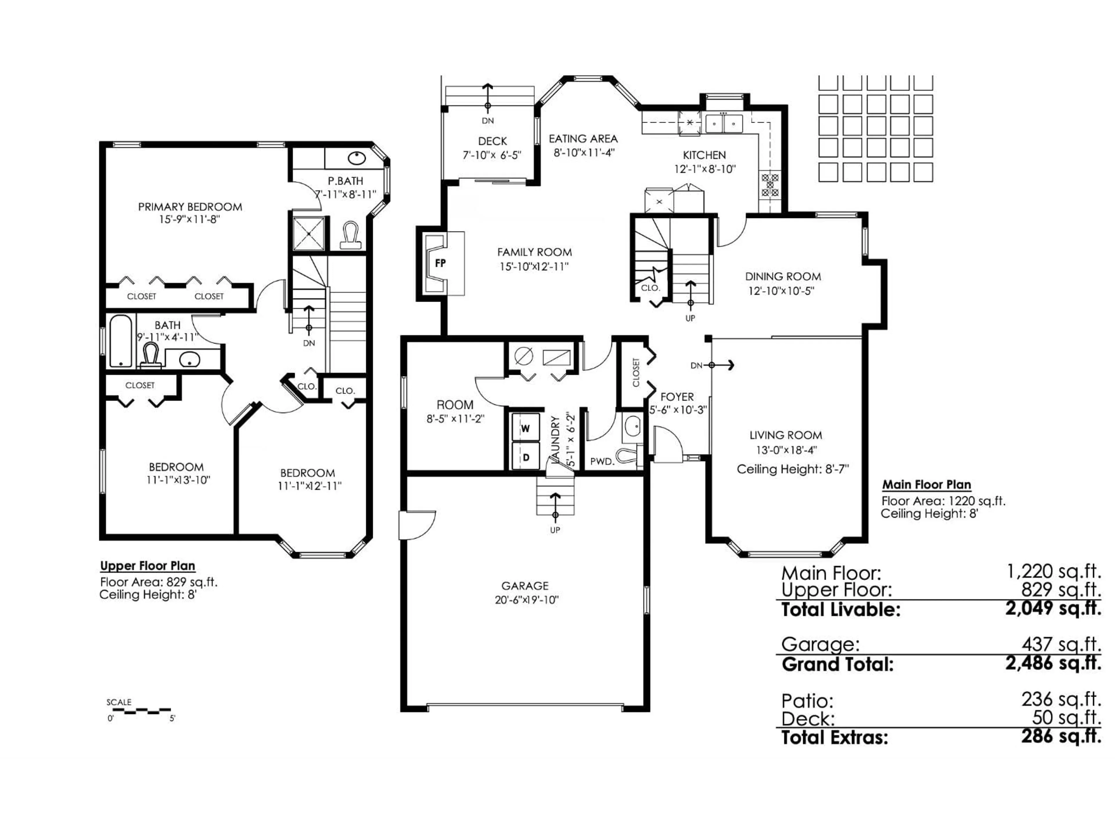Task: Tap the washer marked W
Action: pos(525,428)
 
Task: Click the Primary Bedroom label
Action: pos(190,207)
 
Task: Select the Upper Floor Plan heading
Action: pos(147,566)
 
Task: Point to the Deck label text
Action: pos(492,141)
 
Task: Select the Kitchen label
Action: pos(704,155)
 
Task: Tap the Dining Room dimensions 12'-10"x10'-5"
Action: pos(781,291)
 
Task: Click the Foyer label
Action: pos(677,397)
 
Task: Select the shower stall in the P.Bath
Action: pos(308,233)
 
